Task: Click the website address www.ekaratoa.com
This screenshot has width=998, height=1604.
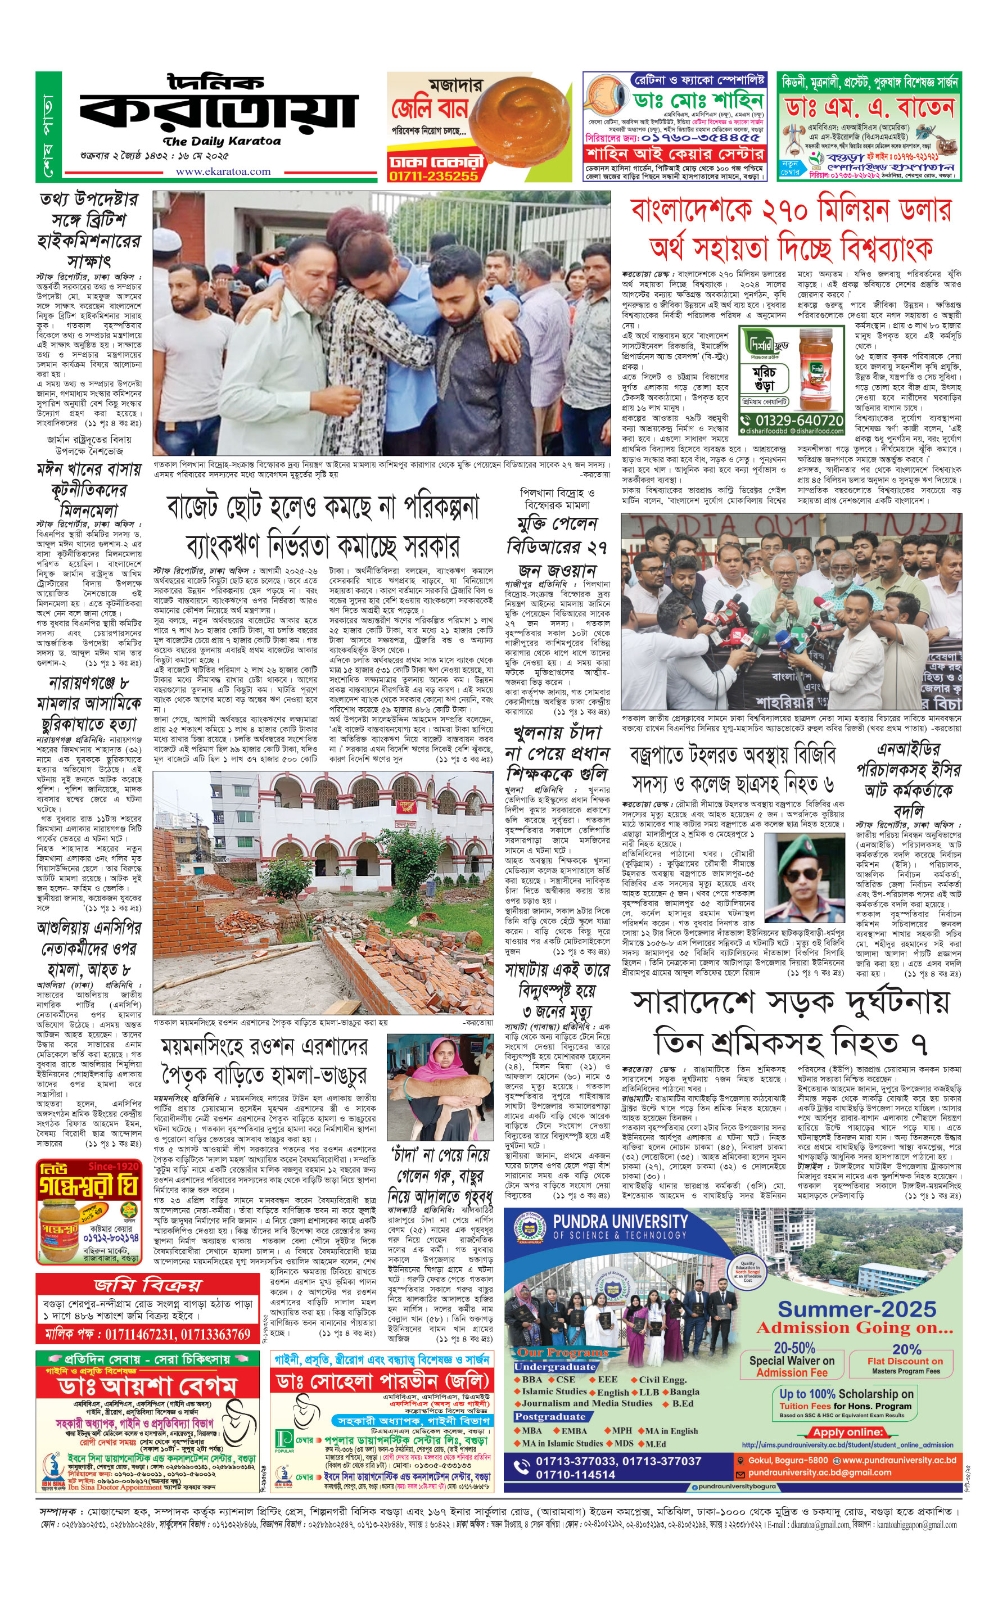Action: (x=223, y=171)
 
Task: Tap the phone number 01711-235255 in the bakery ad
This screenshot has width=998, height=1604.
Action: (x=433, y=175)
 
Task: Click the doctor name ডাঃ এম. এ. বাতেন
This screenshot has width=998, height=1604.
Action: (x=869, y=107)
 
